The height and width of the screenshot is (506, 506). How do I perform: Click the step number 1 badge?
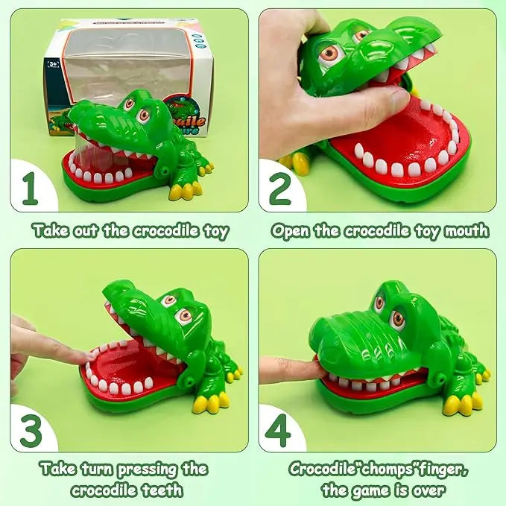[30, 191]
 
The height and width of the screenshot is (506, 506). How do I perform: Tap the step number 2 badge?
[279, 191]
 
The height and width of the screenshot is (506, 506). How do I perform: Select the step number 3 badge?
[30, 431]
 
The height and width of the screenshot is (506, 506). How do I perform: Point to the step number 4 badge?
[279, 431]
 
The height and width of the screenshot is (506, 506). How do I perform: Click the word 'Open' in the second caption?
[290, 230]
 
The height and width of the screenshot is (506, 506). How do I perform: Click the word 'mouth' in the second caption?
[465, 230]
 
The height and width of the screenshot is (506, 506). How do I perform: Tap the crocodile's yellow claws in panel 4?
[461, 405]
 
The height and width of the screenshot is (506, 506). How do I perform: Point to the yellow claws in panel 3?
[209, 403]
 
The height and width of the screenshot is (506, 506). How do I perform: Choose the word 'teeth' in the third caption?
[159, 490]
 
